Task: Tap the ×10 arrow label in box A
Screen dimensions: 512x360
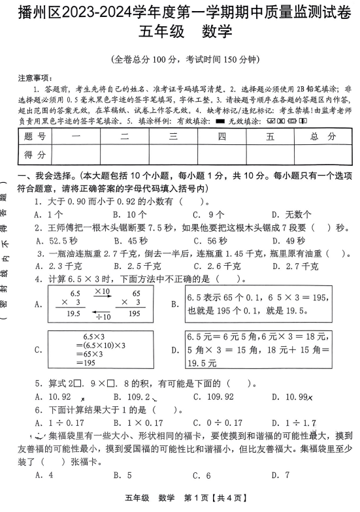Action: tap(102, 291)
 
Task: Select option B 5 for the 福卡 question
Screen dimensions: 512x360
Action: tap(122, 475)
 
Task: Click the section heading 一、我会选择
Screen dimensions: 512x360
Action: tap(46, 176)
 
